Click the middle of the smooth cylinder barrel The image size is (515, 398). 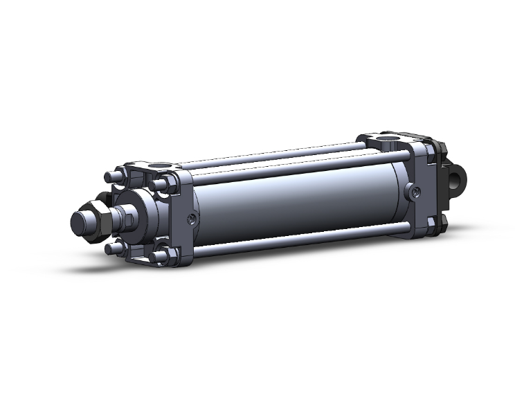pos(298,201)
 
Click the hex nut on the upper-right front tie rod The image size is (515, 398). pos(166,184)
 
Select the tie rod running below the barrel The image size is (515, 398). pos(298,239)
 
